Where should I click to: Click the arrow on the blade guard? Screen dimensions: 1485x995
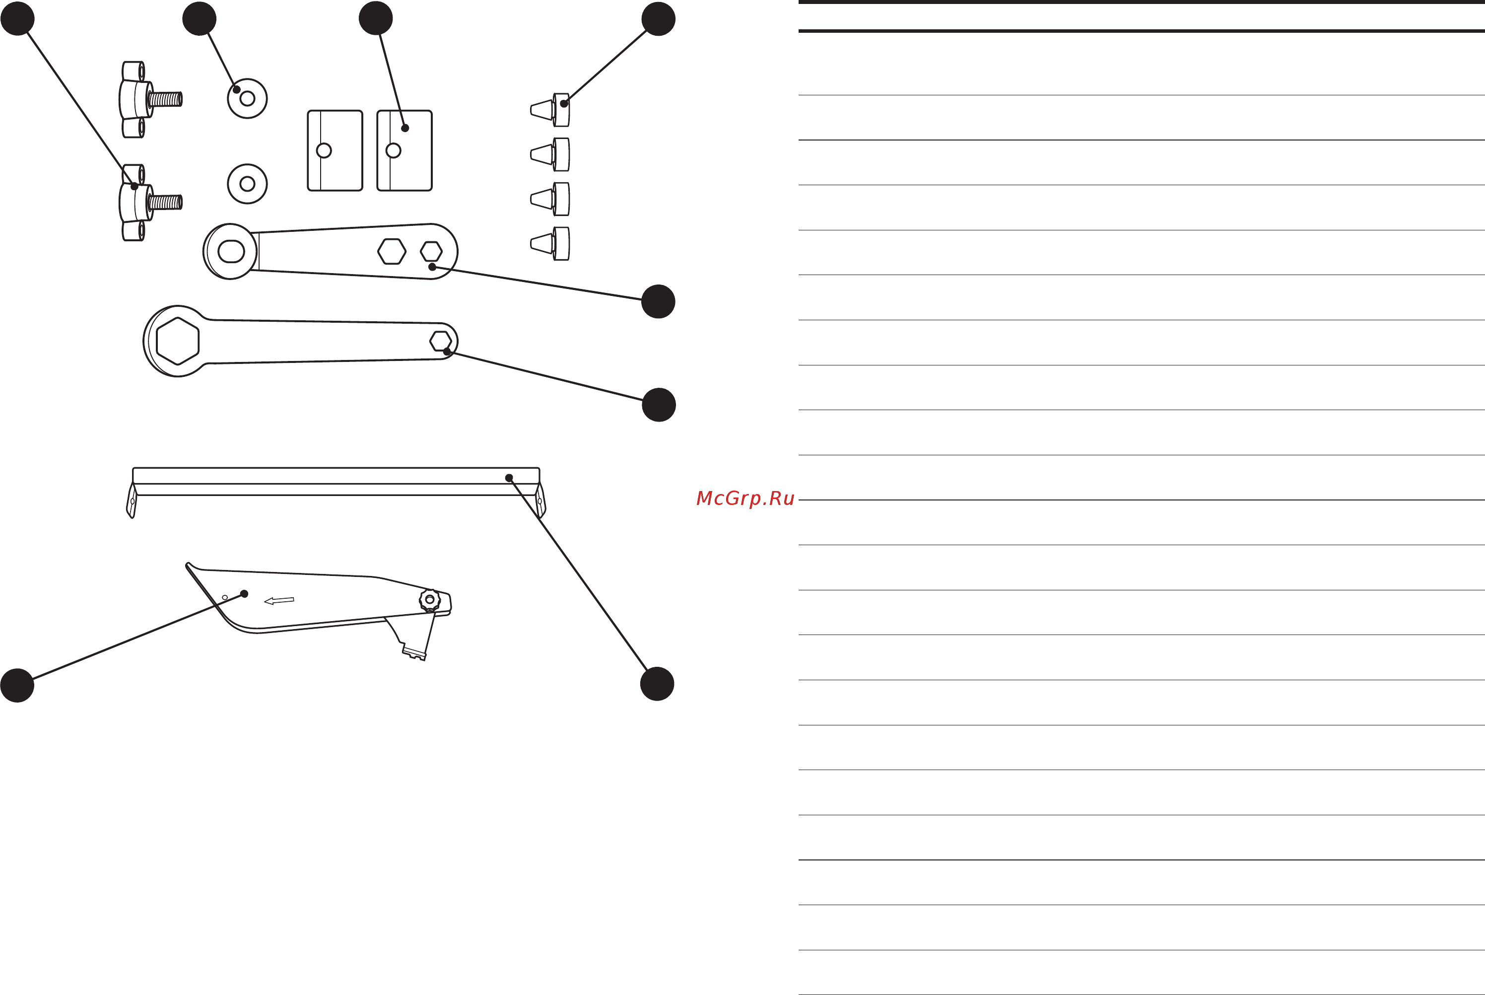click(x=279, y=600)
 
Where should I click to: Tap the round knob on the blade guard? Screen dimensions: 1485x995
click(x=429, y=600)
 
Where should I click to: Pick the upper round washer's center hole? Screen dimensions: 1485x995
click(x=247, y=99)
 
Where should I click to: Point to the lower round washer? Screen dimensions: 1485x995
click(x=247, y=184)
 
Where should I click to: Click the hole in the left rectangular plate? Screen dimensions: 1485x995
click(x=324, y=150)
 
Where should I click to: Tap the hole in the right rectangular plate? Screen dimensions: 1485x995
click(x=393, y=150)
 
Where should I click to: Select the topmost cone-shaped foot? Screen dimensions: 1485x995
click(x=550, y=110)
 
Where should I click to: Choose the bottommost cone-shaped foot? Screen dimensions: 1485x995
click(x=550, y=244)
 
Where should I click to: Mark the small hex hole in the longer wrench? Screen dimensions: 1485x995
click(x=441, y=341)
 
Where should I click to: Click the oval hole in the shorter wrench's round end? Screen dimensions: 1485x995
click(x=231, y=251)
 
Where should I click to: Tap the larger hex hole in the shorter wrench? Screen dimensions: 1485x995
click(x=392, y=251)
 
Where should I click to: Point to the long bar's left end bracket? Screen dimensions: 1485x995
click(x=132, y=500)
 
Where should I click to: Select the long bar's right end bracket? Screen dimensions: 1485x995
click(x=540, y=500)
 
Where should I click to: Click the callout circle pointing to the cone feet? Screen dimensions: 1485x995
click(x=659, y=19)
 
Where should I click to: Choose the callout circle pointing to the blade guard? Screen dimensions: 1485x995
click(x=17, y=685)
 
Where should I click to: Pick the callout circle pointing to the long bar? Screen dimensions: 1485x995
click(x=657, y=684)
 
